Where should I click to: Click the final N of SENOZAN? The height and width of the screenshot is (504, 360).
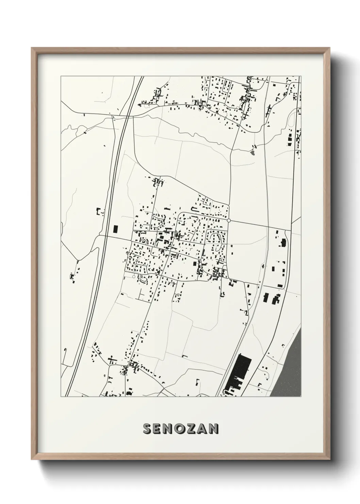213,429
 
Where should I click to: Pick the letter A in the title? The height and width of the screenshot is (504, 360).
201,429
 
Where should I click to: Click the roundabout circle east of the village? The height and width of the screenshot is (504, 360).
229,221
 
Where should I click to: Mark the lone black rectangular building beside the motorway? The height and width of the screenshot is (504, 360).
115,229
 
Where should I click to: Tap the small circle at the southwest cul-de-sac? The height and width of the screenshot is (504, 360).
134,277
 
